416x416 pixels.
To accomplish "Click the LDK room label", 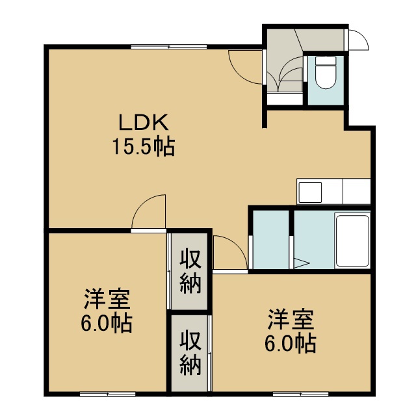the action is click(144, 122).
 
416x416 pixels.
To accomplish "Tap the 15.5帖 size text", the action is click(144, 146).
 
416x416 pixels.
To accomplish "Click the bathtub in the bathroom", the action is click(352, 241).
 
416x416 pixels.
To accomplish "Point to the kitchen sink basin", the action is click(310, 192).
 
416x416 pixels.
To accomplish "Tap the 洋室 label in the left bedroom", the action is click(107, 299).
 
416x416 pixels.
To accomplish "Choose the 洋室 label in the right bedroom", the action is click(291, 319).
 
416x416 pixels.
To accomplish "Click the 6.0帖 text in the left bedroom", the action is click(107, 324).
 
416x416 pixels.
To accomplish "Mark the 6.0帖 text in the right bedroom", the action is click(291, 344).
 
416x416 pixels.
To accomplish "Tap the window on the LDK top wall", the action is click(169, 47).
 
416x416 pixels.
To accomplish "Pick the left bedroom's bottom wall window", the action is click(108, 395).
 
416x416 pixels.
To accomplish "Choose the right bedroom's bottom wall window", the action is click(300, 395).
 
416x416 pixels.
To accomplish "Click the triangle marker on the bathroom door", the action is click(302, 263).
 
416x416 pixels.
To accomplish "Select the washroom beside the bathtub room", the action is click(271, 240).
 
